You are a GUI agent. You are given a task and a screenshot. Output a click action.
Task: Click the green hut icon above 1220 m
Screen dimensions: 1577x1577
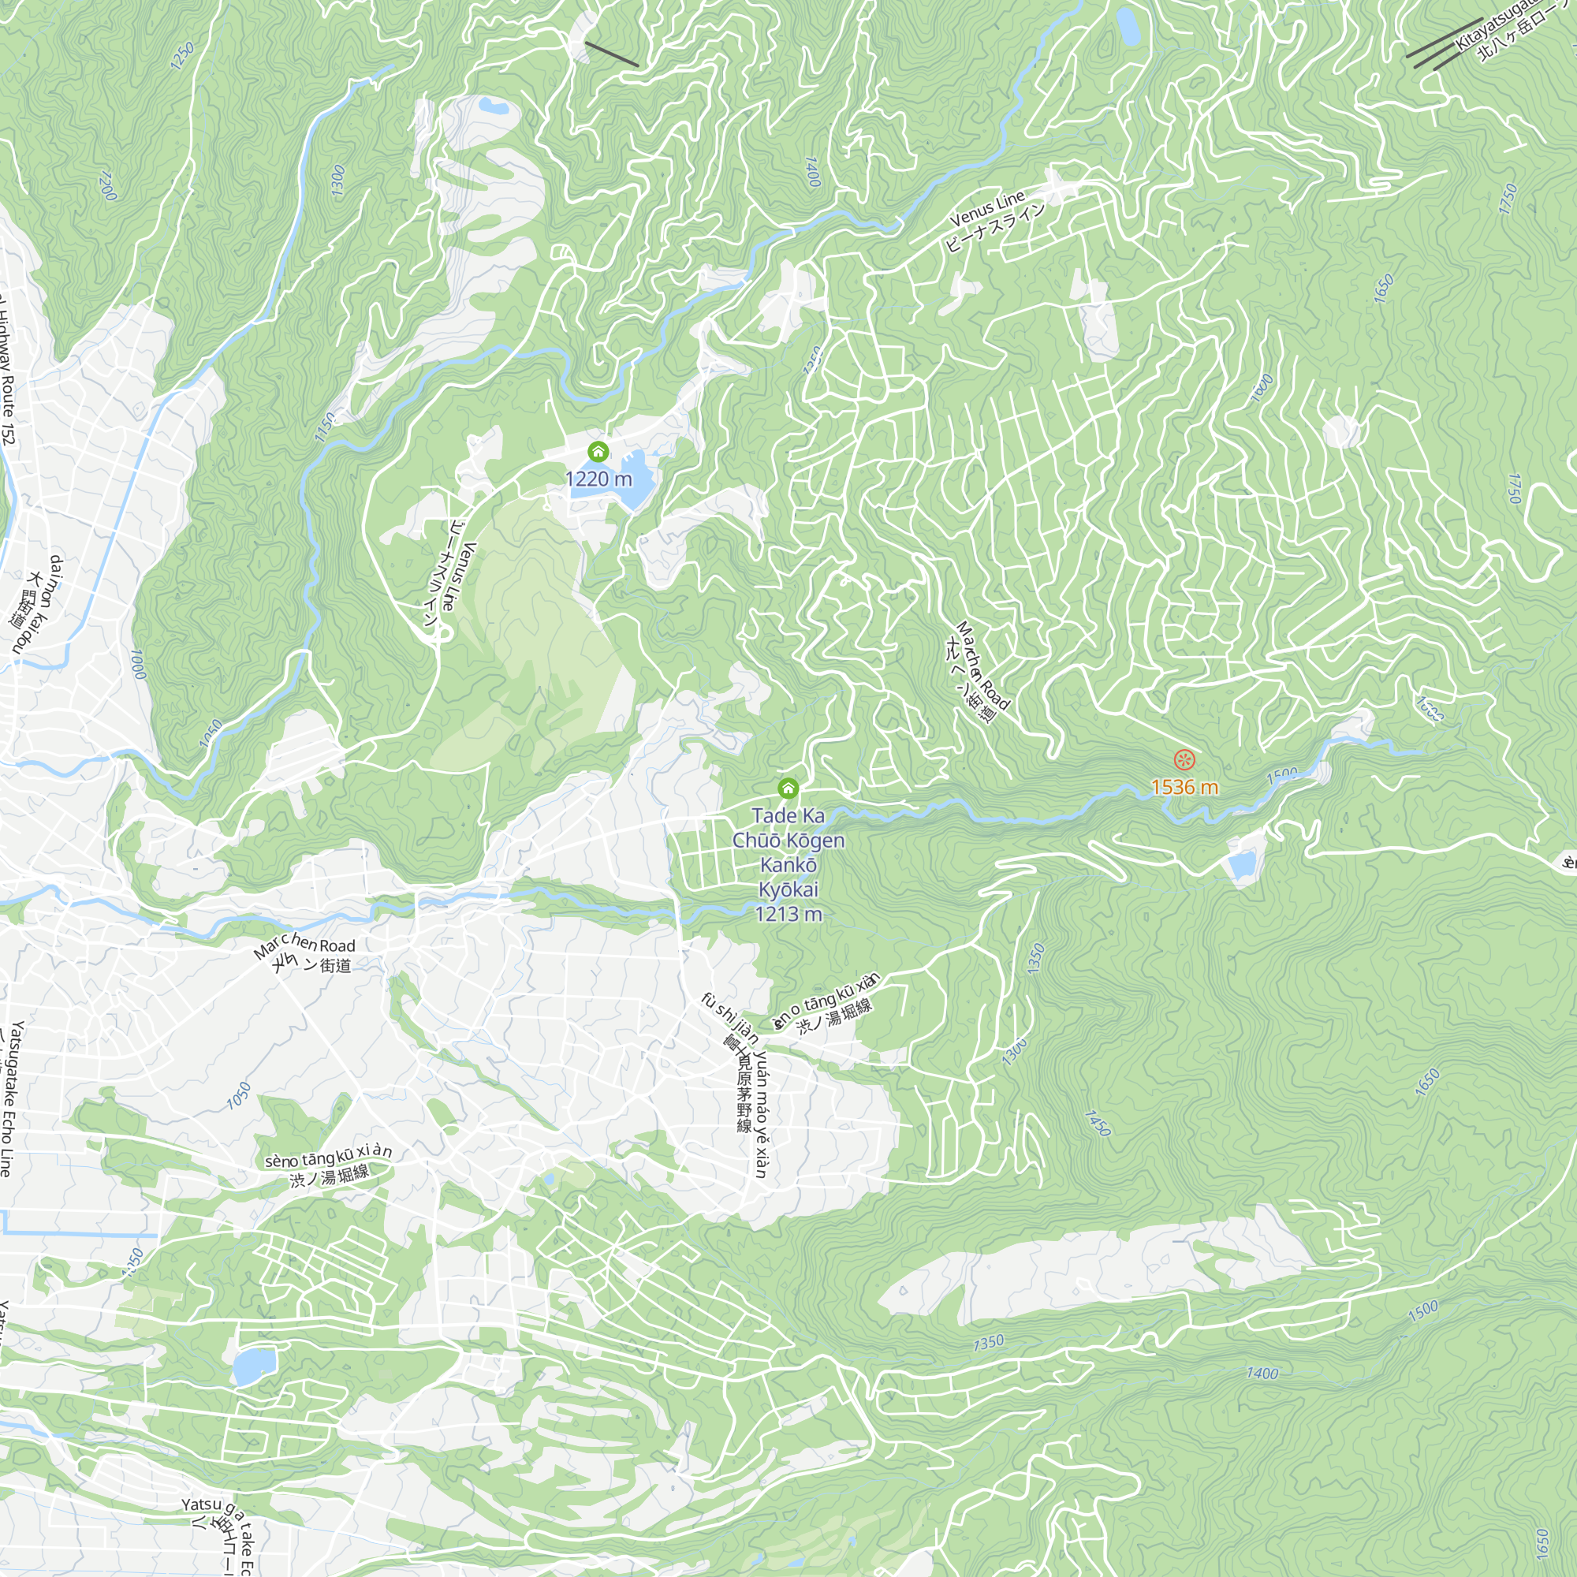pyautogui.click(x=598, y=451)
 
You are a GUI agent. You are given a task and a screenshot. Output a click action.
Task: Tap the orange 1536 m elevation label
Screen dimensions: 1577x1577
pyautogui.click(x=1184, y=787)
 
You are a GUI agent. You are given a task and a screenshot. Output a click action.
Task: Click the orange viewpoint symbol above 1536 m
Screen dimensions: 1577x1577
pyautogui.click(x=1184, y=760)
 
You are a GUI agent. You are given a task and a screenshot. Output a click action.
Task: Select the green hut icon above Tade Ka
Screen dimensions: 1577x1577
pyautogui.click(x=788, y=788)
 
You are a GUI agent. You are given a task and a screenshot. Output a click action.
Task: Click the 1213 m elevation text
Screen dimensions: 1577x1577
pyautogui.click(x=788, y=914)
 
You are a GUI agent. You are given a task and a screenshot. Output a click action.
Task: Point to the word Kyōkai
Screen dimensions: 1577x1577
pyautogui.click(x=788, y=889)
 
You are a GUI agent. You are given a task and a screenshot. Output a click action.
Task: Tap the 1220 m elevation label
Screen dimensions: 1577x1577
pyautogui.click(x=598, y=479)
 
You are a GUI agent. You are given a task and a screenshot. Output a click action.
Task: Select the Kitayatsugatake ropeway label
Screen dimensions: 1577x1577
pyautogui.click(x=1498, y=24)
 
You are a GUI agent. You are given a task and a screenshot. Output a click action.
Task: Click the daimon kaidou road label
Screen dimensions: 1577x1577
pyautogui.click(x=43, y=604)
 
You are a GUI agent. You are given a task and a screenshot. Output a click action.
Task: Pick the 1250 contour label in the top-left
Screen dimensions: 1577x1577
pyautogui.click(x=183, y=55)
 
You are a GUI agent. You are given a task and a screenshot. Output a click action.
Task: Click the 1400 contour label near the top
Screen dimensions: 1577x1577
pyautogui.click(x=812, y=171)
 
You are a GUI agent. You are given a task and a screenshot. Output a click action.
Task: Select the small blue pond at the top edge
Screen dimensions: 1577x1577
pyautogui.click(x=1128, y=26)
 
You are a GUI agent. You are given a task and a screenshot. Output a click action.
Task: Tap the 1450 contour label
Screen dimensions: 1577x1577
pyautogui.click(x=1098, y=1123)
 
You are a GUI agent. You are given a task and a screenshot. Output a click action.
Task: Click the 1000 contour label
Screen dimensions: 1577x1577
pyautogui.click(x=138, y=665)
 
